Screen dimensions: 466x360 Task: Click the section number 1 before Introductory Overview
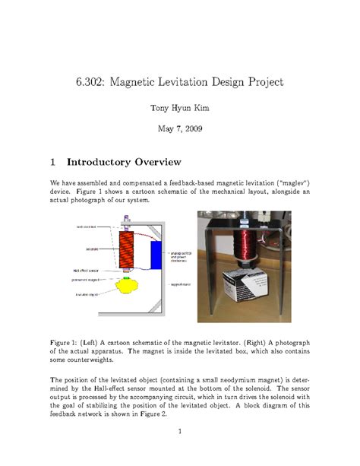53,162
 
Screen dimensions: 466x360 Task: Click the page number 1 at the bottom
180,434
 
